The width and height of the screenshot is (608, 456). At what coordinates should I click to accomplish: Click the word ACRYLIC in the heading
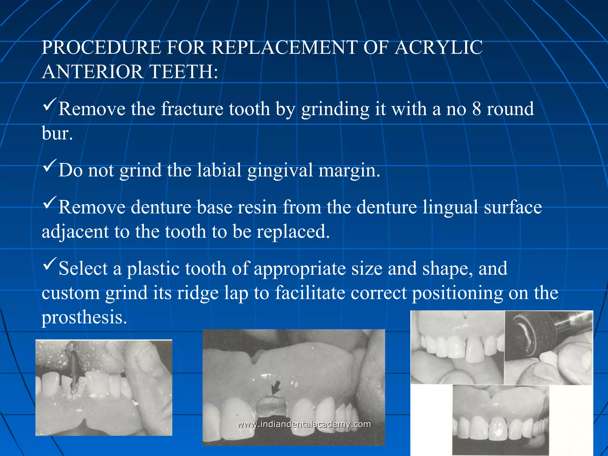point(438,47)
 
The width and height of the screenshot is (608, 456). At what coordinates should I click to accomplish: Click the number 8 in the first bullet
point(476,109)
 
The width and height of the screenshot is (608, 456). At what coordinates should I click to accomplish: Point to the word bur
point(57,133)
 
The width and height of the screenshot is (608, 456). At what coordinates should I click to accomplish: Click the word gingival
point(280,170)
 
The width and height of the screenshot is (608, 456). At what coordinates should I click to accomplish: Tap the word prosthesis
point(84,317)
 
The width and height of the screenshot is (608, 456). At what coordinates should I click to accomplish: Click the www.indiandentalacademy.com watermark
point(304,424)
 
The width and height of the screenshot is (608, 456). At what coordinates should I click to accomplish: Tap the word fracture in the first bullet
point(192,109)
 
